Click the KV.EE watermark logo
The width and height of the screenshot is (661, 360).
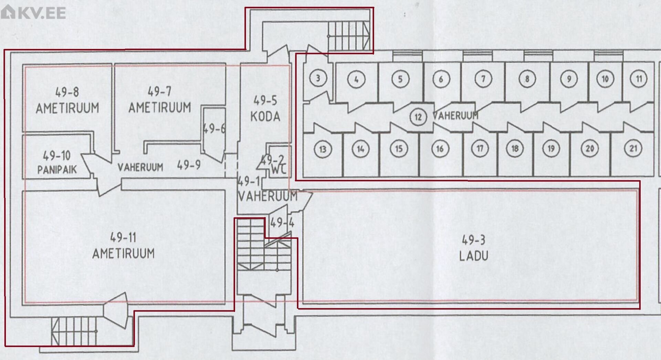pyautogui.click(x=33, y=12)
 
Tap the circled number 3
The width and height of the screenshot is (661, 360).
pyautogui.click(x=318, y=78)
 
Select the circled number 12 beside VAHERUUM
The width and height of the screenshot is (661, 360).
pyautogui.click(x=418, y=117)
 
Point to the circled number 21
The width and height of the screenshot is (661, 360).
pyautogui.click(x=633, y=148)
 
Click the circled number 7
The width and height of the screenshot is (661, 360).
pyautogui.click(x=483, y=79)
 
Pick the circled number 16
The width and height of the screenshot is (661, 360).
pyautogui.click(x=440, y=149)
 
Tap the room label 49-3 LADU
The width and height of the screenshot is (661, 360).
pyautogui.click(x=474, y=248)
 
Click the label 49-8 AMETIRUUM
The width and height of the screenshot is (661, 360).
pyautogui.click(x=67, y=100)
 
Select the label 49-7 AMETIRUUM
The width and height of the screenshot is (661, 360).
pyautogui.click(x=159, y=100)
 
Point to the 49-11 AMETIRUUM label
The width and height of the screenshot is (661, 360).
pyautogui.click(x=123, y=245)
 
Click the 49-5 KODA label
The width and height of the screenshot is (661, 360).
pyautogui.click(x=265, y=109)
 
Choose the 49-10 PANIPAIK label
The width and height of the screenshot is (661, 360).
pyautogui.click(x=57, y=162)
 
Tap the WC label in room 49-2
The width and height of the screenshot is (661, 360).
pyautogui.click(x=278, y=169)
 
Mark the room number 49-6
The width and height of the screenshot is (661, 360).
pyautogui.click(x=214, y=129)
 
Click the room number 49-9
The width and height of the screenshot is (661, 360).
pyautogui.click(x=189, y=165)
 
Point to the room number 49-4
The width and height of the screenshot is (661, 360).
pyautogui.click(x=282, y=223)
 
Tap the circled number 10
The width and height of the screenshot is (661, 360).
pyautogui.click(x=605, y=79)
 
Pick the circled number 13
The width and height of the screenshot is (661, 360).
pyautogui.click(x=323, y=149)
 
